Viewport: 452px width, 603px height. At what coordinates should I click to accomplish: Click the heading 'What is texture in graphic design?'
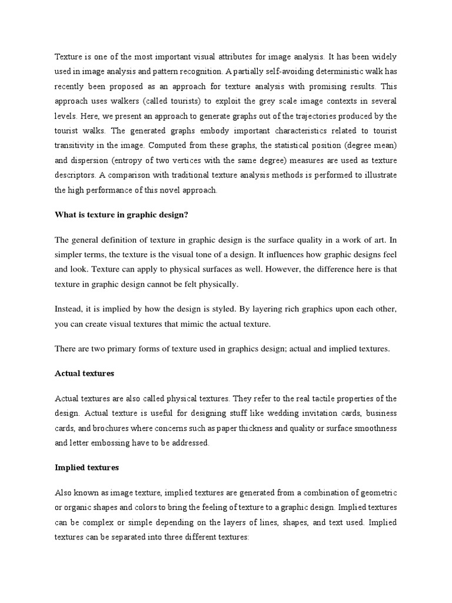(121, 215)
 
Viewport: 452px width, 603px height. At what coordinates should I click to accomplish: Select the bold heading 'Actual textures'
(84, 373)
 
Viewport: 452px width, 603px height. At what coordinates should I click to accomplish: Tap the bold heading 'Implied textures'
(87, 468)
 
